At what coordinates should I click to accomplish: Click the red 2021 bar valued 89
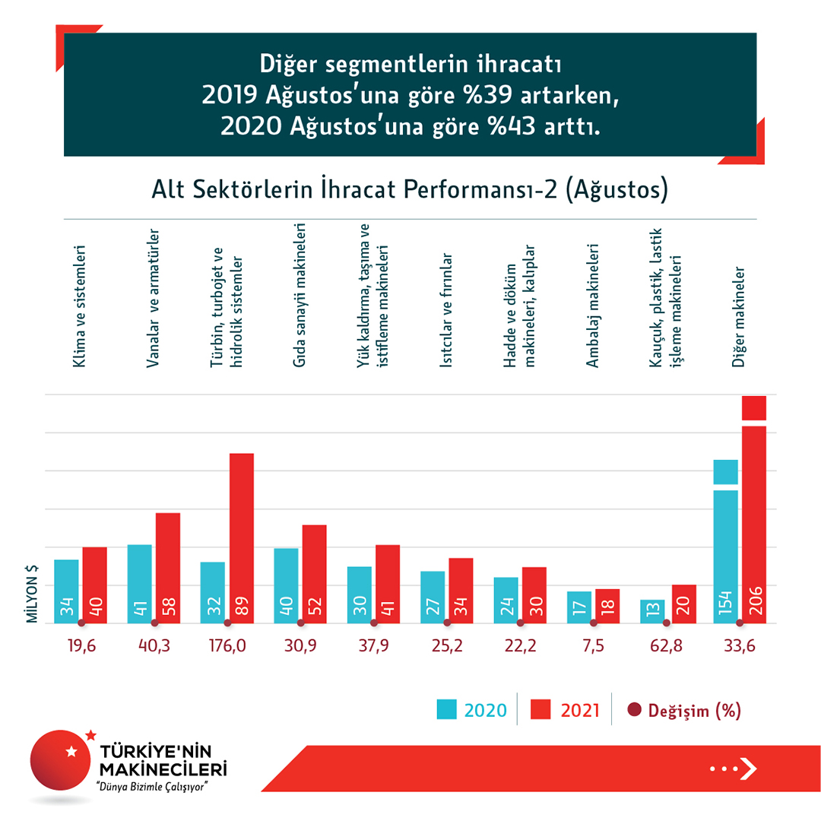(242, 538)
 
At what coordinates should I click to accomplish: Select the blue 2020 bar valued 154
(726, 547)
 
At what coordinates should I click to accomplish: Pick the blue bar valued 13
(652, 611)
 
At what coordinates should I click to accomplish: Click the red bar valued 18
(607, 606)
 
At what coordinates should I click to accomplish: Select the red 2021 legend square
(540, 710)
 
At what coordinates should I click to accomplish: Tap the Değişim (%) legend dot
(635, 711)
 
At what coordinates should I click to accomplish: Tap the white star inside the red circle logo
(71, 752)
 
